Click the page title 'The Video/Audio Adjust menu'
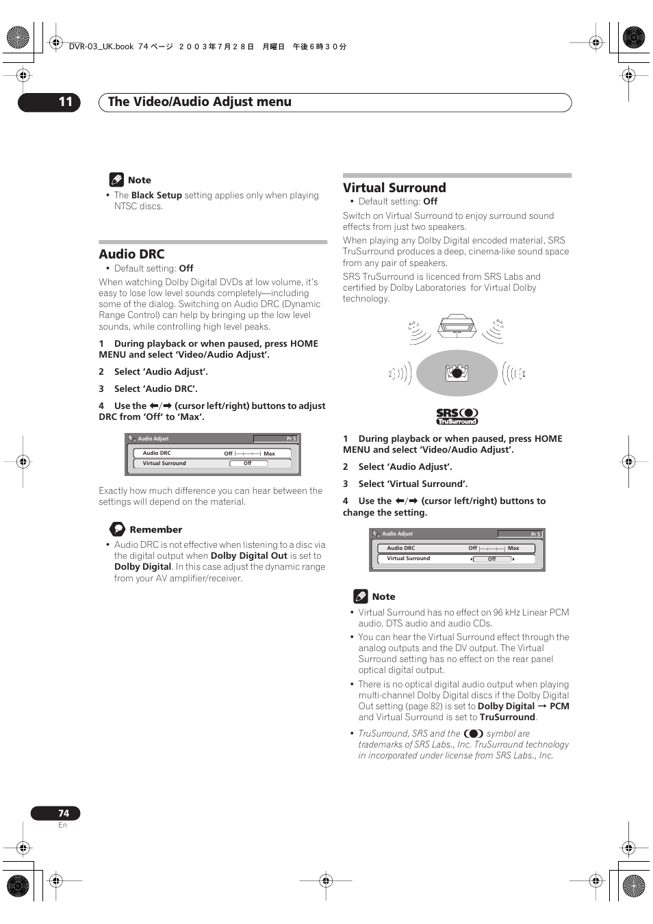[199, 102]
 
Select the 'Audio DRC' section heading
[131, 254]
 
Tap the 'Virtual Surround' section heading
[394, 188]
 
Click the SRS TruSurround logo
[457, 416]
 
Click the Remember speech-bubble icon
[118, 529]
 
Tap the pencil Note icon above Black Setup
[116, 180]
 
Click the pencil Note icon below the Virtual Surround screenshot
[361, 596]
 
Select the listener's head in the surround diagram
[457, 373]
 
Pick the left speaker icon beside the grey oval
[399, 373]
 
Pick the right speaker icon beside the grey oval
[514, 373]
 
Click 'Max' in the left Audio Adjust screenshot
[269, 453]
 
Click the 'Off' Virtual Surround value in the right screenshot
[491, 559]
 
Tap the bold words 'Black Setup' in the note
[156, 196]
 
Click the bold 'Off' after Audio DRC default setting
[186, 269]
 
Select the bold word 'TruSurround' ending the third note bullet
[507, 717]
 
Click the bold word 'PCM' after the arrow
[559, 707]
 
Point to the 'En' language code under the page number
[62, 826]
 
